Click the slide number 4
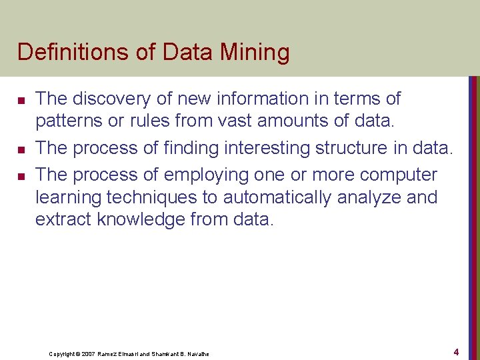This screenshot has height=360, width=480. point(456,351)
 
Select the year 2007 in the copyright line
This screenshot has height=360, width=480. point(89,353)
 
